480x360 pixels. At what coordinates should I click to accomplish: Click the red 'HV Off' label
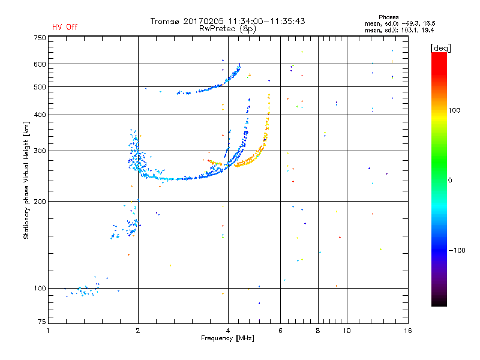click(x=65, y=27)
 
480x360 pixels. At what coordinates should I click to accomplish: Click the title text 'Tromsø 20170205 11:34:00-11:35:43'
click(x=228, y=21)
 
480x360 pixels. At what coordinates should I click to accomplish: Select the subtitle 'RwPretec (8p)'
click(x=228, y=28)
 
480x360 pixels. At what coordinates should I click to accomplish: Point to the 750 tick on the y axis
click(x=40, y=38)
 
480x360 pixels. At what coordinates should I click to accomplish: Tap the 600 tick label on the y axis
click(x=40, y=64)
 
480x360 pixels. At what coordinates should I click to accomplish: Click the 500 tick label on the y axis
click(x=40, y=87)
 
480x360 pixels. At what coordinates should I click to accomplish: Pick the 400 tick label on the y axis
click(x=40, y=115)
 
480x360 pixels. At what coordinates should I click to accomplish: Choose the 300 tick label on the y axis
click(x=40, y=151)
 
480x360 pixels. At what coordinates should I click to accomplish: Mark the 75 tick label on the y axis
click(x=41, y=324)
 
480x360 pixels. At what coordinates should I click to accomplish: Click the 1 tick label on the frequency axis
click(x=49, y=331)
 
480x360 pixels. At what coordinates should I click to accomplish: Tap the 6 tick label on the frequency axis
click(x=280, y=331)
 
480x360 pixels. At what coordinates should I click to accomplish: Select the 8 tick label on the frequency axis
click(x=318, y=331)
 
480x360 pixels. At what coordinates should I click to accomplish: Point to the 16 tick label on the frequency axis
click(x=407, y=331)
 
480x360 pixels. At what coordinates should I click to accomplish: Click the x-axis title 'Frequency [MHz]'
click(x=228, y=338)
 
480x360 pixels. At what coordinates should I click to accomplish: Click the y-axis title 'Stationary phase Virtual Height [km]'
click(x=26, y=180)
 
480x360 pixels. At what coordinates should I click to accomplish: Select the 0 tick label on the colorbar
click(x=450, y=180)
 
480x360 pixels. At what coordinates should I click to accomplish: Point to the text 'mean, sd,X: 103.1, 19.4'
click(x=399, y=29)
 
